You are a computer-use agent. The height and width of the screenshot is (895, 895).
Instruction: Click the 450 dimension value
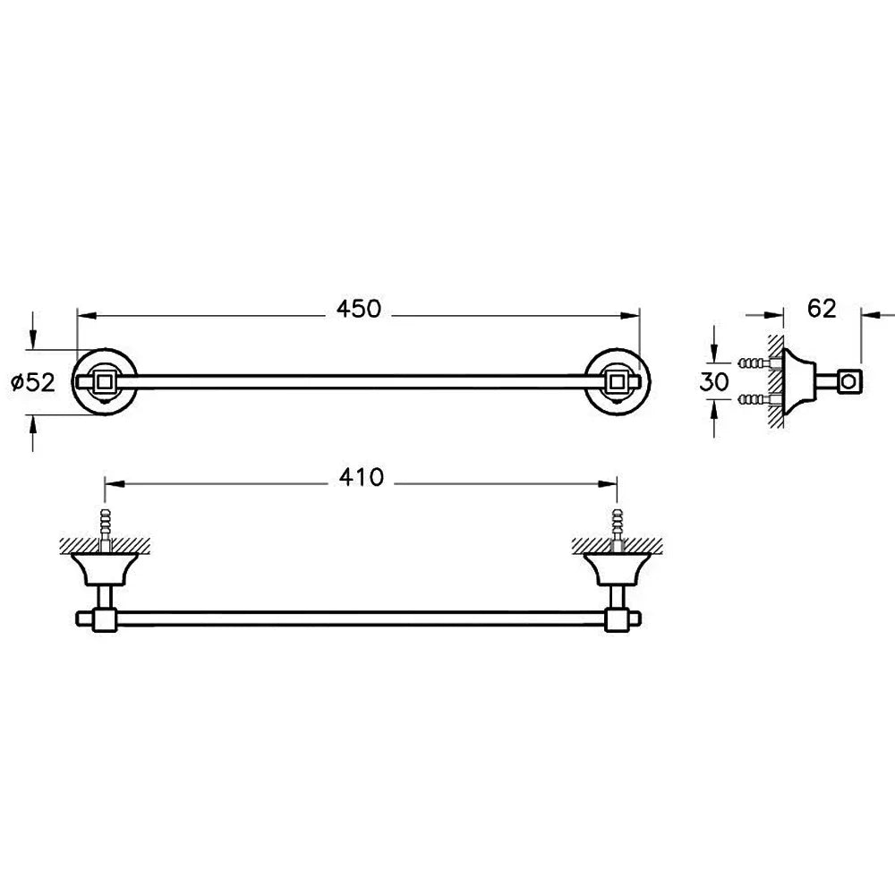(x=358, y=309)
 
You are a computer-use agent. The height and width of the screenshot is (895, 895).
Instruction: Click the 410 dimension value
(x=362, y=477)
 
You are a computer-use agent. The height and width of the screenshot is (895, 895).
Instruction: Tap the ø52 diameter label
(x=34, y=382)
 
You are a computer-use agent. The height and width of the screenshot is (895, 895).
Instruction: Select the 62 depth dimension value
(x=822, y=308)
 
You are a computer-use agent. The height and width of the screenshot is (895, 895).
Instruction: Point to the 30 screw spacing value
(x=714, y=381)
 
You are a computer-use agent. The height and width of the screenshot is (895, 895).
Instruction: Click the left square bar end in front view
(x=105, y=381)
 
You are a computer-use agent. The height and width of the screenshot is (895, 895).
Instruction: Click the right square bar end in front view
(x=617, y=381)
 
